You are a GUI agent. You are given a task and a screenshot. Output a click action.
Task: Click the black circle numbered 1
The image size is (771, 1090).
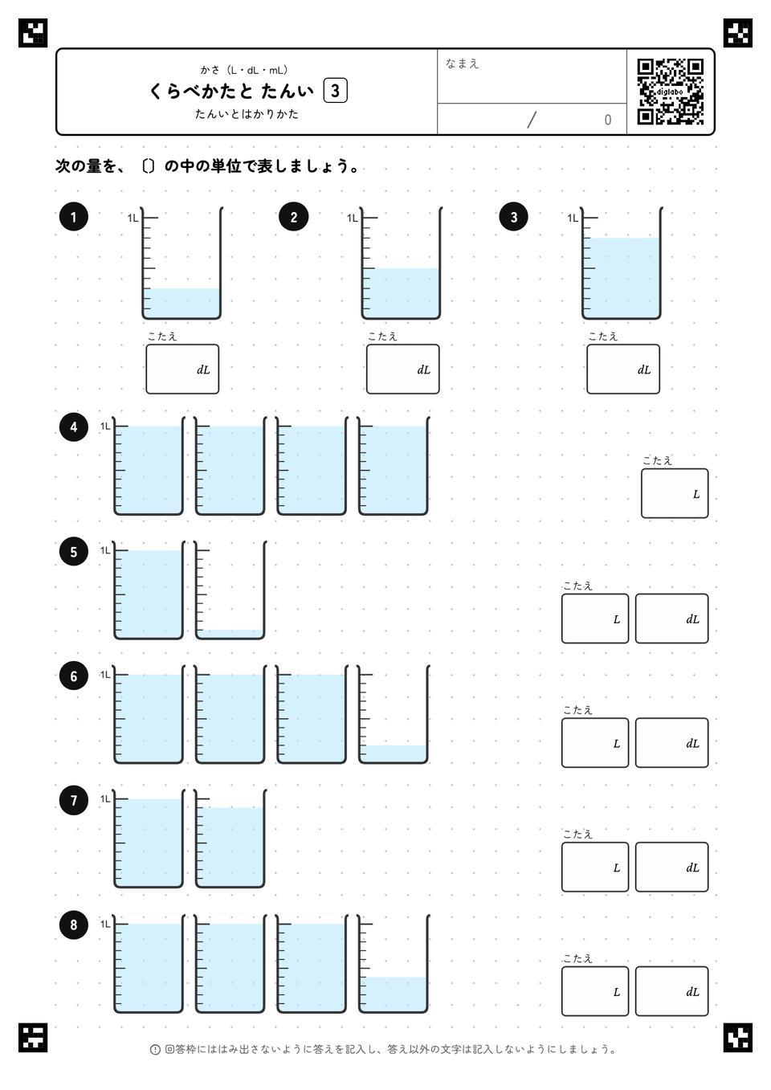point(73,217)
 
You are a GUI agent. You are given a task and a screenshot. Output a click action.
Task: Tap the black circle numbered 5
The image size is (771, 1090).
point(73,551)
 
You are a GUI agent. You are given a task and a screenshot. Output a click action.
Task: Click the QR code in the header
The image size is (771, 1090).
point(671,92)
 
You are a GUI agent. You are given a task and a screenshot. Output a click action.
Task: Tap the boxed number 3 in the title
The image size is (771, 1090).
point(335,91)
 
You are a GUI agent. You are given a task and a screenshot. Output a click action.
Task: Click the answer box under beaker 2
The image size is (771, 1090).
point(403,369)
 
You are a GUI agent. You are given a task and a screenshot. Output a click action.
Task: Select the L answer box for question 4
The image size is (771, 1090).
point(675,493)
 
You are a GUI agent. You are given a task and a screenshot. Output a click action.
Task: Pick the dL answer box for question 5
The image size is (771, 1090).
point(671,618)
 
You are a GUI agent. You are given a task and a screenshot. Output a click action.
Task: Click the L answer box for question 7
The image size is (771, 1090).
point(595,867)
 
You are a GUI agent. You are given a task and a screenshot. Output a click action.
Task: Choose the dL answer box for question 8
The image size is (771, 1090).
point(671,991)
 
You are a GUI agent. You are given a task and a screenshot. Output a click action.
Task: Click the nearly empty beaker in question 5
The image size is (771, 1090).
point(230,590)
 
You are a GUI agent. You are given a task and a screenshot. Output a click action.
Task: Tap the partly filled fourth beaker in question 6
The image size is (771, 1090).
point(394,714)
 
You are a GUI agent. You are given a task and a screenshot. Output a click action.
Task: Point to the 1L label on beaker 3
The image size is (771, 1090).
point(573,218)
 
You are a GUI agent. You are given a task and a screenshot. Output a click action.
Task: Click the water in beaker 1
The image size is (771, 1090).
point(182,303)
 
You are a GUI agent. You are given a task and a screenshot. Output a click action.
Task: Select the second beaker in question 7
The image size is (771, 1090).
point(230,838)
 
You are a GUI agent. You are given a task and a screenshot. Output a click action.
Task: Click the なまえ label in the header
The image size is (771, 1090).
point(462,63)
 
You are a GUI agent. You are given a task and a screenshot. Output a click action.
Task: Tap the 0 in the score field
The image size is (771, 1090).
point(607,120)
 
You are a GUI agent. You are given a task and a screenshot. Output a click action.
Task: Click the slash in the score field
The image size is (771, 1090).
point(532,120)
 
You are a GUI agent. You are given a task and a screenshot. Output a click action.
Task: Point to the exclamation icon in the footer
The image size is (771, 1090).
point(155,1050)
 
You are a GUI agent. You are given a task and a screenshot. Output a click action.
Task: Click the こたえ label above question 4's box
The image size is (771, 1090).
point(657,461)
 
